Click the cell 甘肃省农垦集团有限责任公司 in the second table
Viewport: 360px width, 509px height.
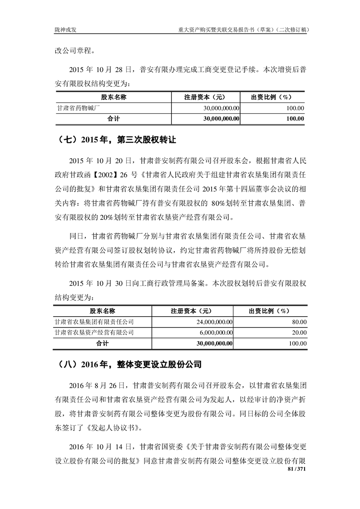94,322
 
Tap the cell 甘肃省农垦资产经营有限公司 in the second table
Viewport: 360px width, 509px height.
94,333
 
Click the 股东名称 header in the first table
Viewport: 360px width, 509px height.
113,97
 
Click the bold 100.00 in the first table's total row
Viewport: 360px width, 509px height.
296,118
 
